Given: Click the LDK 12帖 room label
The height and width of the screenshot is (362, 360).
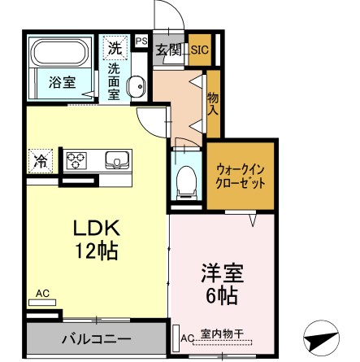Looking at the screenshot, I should click(x=96, y=238).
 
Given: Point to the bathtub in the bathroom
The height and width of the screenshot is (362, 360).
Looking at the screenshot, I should click(x=59, y=54).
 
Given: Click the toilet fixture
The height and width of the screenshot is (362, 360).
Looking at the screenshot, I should click(x=185, y=175).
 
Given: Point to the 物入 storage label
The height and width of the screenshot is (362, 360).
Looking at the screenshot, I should click(x=213, y=99).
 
